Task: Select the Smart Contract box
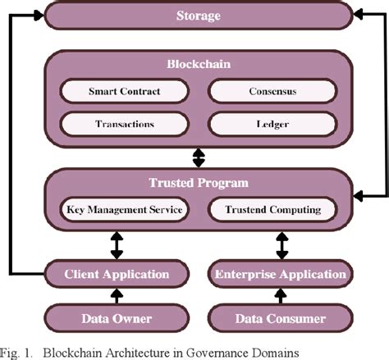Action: [123, 92]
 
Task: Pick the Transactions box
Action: [123, 124]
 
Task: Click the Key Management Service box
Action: [123, 210]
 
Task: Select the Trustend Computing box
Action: [272, 210]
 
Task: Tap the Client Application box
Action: [117, 274]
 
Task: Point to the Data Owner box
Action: [117, 318]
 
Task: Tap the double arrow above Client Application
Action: [117, 244]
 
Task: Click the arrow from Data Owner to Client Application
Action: [117, 296]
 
